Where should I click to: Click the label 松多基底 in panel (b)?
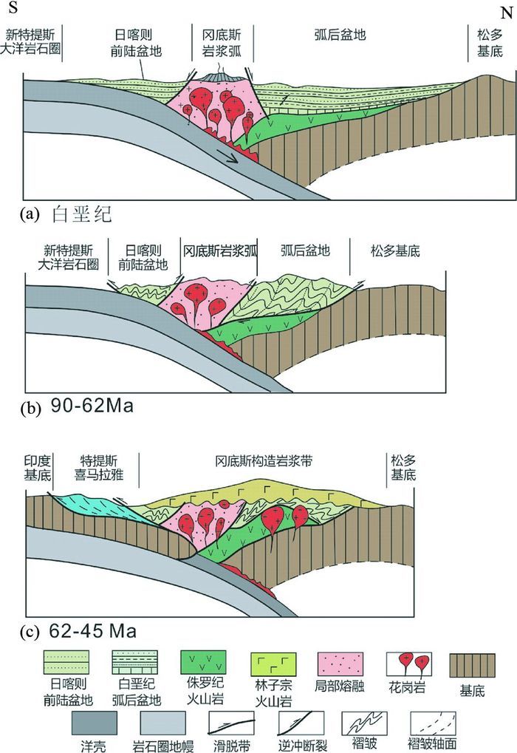(394, 250)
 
